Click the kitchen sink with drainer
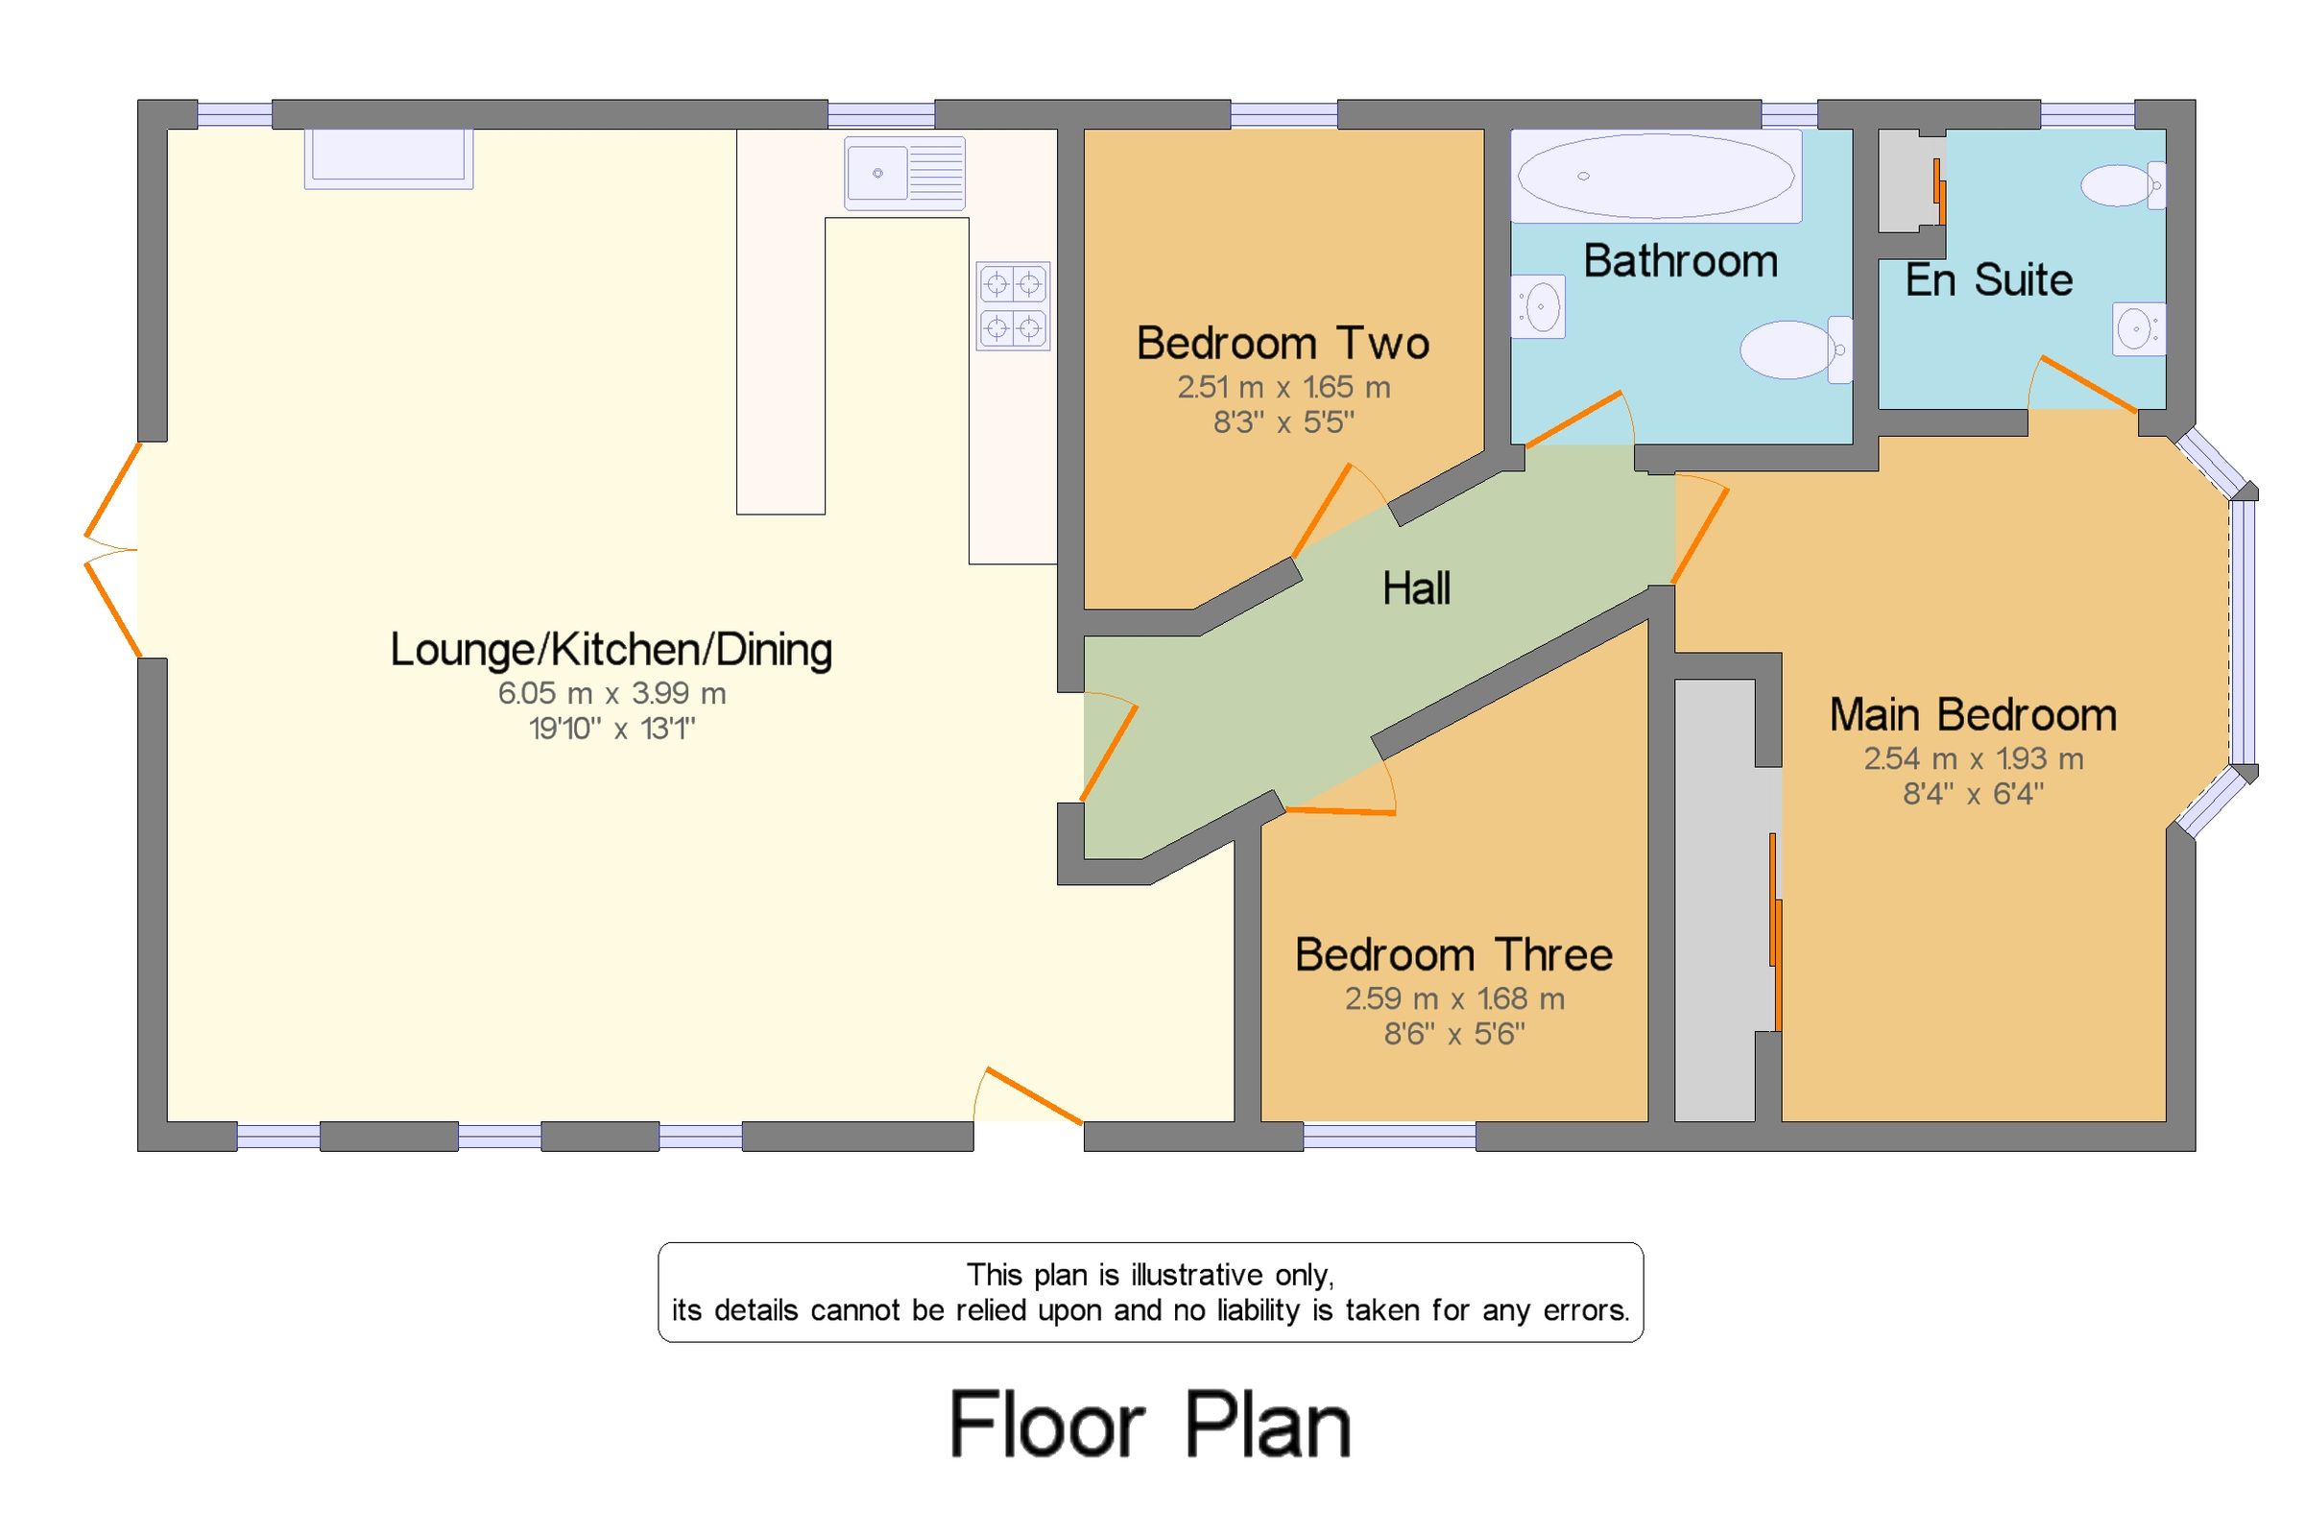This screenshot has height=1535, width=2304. (904, 173)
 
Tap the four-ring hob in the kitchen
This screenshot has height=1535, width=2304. (1012, 305)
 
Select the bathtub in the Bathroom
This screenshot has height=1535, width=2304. (1655, 177)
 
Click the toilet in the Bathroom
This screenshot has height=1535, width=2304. (1795, 349)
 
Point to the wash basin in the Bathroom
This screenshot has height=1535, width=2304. (1538, 306)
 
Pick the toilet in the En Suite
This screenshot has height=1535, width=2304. (2122, 186)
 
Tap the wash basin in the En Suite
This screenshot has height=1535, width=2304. (2139, 329)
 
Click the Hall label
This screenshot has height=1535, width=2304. (1415, 588)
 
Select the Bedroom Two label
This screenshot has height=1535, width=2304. (1283, 343)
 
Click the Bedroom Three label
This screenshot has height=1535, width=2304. (1453, 954)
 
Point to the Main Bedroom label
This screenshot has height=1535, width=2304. (1972, 714)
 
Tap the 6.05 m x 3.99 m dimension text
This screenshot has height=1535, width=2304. (612, 693)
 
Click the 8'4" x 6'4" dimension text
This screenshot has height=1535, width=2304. (1972, 793)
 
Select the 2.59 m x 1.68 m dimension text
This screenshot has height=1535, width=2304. (1453, 998)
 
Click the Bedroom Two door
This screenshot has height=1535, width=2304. (1321, 511)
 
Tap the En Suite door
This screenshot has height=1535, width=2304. (2087, 385)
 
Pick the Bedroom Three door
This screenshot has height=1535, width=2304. (1341, 811)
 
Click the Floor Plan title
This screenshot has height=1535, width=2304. (1150, 1425)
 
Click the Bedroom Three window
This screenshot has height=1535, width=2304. (1389, 1136)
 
